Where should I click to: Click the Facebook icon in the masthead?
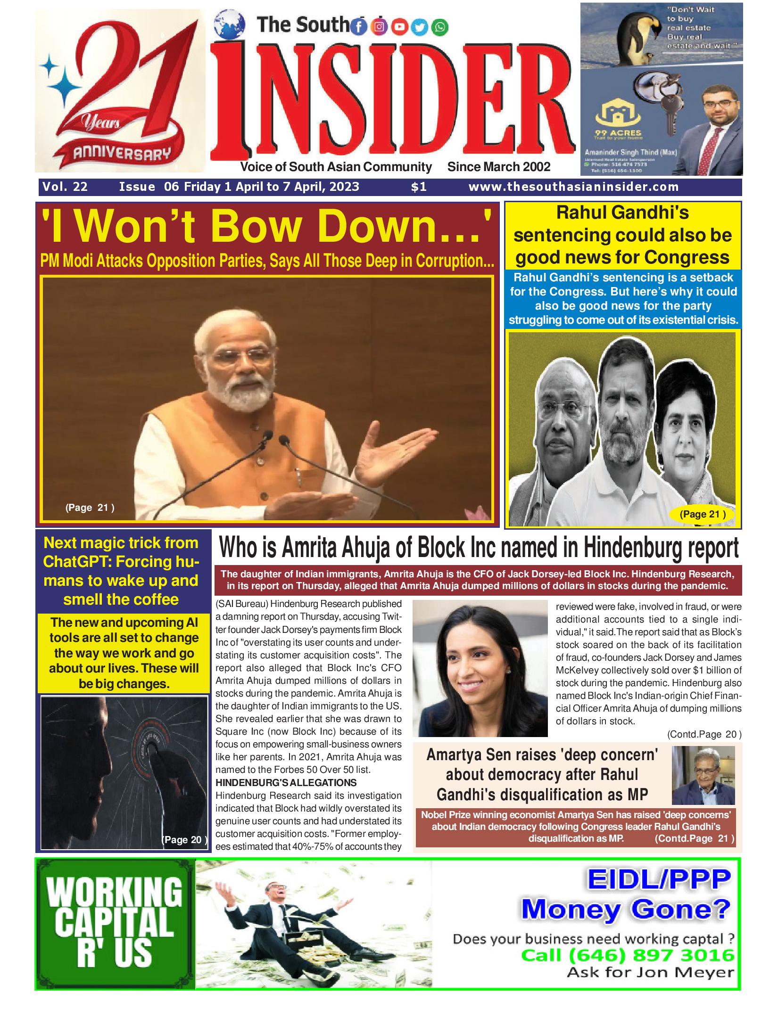click(359, 27)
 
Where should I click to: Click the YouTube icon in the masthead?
click(399, 27)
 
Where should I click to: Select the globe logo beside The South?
click(229, 24)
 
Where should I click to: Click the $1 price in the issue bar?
click(419, 187)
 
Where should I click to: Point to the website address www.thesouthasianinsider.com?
click(573, 187)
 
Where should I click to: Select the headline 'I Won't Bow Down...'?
click(267, 228)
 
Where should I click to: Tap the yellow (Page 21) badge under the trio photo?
click(703, 514)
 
